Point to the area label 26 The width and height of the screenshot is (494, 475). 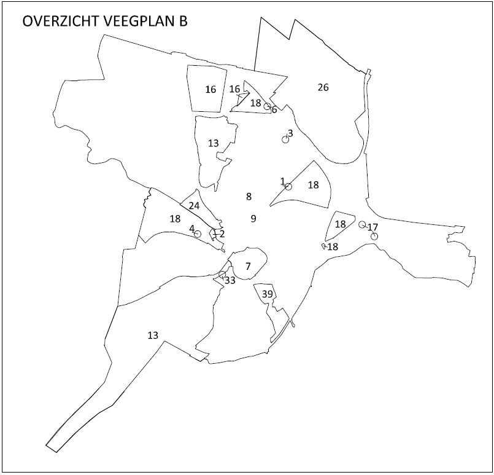click(x=323, y=87)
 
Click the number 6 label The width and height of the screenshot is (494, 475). click(x=274, y=110)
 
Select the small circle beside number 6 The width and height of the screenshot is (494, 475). click(x=268, y=106)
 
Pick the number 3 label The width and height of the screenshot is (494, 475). click(x=290, y=133)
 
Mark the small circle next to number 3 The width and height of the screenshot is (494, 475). click(x=285, y=139)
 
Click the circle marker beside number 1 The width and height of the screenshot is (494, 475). click(x=288, y=187)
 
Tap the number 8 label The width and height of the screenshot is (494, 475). click(x=249, y=197)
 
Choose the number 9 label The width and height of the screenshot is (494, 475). click(x=253, y=218)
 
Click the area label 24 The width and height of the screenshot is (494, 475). click(x=194, y=206)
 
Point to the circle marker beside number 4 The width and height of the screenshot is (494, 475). click(x=198, y=234)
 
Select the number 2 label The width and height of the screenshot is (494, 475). click(x=222, y=234)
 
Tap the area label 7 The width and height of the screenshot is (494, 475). click(x=248, y=266)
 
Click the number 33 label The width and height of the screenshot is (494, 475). click(x=230, y=281)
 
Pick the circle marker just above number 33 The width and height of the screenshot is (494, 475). click(x=222, y=275)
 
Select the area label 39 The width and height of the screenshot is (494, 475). click(x=267, y=294)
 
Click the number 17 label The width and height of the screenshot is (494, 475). click(x=372, y=227)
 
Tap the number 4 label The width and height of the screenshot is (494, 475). click(x=191, y=229)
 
